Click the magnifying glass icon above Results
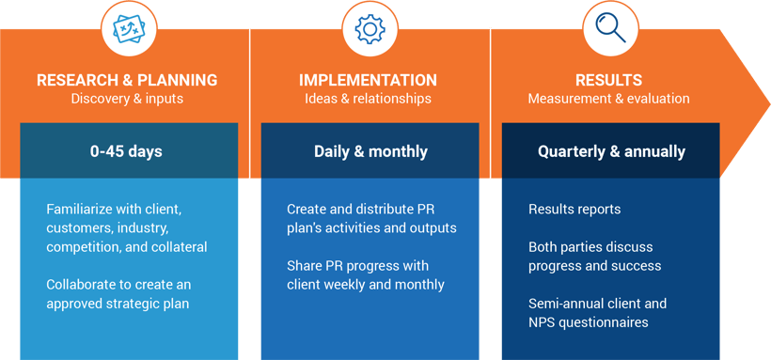click(x=610, y=28)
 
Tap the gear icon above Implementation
click(x=370, y=29)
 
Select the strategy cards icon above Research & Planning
click(x=130, y=29)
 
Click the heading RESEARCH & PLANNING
click(x=127, y=80)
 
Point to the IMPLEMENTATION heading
click(x=368, y=80)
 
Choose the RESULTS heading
click(x=608, y=80)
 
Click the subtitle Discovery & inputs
click(x=127, y=99)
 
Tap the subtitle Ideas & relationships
click(x=368, y=99)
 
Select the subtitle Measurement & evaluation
click(x=608, y=99)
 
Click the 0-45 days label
click(x=126, y=151)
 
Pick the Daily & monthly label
click(x=370, y=151)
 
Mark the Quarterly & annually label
click(x=611, y=152)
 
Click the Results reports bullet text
click(x=574, y=210)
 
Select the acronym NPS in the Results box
click(x=541, y=322)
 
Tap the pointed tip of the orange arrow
click(x=769, y=103)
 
